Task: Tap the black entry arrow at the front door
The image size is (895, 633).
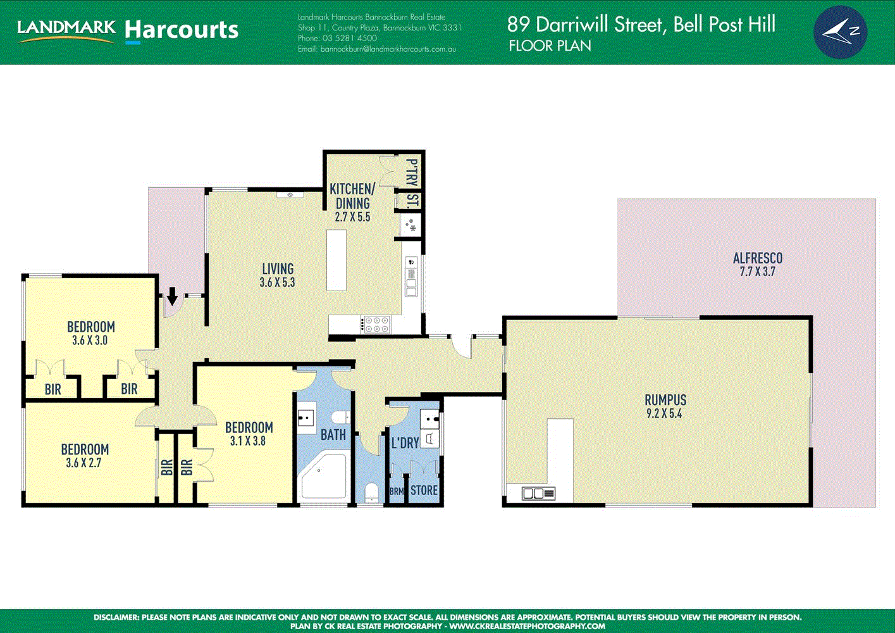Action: pyautogui.click(x=172, y=295)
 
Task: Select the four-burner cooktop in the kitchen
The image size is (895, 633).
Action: pyautogui.click(x=376, y=325)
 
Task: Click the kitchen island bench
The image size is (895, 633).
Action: pyautogui.click(x=336, y=260)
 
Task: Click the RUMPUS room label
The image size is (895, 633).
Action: pyautogui.click(x=665, y=400)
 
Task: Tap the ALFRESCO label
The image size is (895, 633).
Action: pyautogui.click(x=757, y=258)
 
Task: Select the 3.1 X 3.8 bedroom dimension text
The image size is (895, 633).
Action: pyautogui.click(x=248, y=441)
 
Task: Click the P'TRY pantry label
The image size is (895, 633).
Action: pyautogui.click(x=412, y=172)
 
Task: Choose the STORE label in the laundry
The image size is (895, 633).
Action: pyautogui.click(x=424, y=491)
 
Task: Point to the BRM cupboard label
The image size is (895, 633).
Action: pyautogui.click(x=397, y=491)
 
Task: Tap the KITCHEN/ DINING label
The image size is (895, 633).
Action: pyautogui.click(x=352, y=196)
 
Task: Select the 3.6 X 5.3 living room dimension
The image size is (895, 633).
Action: pyautogui.click(x=277, y=283)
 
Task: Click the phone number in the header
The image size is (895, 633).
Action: pyautogui.click(x=337, y=38)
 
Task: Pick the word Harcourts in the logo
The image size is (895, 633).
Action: pyautogui.click(x=182, y=30)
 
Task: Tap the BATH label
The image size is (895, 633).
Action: pyautogui.click(x=333, y=435)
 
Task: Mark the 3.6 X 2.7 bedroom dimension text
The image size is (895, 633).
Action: pyautogui.click(x=83, y=463)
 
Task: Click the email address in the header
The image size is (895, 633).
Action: pyautogui.click(x=376, y=49)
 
